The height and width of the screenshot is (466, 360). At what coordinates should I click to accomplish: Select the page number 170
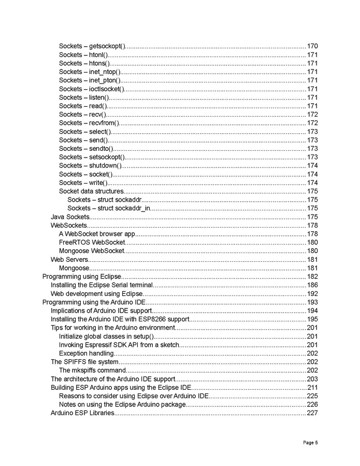(312, 46)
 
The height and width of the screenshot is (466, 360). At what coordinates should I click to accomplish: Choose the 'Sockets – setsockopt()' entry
(92, 157)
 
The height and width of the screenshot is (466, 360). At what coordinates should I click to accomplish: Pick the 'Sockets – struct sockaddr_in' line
(109, 208)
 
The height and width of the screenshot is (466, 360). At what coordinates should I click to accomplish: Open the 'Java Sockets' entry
(70, 217)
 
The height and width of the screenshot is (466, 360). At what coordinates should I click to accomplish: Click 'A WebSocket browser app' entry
(97, 234)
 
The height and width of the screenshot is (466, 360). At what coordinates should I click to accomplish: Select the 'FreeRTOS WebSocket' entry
(92, 242)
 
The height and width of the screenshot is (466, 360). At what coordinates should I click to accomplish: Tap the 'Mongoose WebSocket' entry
(92, 251)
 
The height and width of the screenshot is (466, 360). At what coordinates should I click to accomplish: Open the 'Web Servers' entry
(69, 259)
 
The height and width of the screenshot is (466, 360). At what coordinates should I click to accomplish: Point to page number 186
(312, 285)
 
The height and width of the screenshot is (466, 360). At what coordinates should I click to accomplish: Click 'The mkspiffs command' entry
(92, 371)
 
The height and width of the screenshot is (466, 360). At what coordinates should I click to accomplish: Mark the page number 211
(312, 388)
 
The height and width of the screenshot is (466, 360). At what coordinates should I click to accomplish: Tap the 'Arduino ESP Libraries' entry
(82, 413)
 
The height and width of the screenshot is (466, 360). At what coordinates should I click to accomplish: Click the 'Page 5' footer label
(310, 442)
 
